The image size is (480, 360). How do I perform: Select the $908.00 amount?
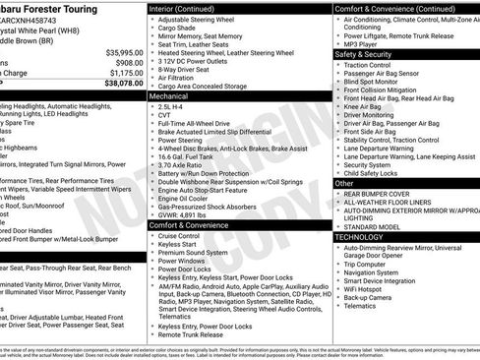pos(127,62)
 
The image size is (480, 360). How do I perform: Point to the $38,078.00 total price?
pos(123,85)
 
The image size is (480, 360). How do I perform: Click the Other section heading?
pos(344,183)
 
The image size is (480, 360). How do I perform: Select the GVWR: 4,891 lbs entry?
pos(187,215)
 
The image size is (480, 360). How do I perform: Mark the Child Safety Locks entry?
pos(377,173)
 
